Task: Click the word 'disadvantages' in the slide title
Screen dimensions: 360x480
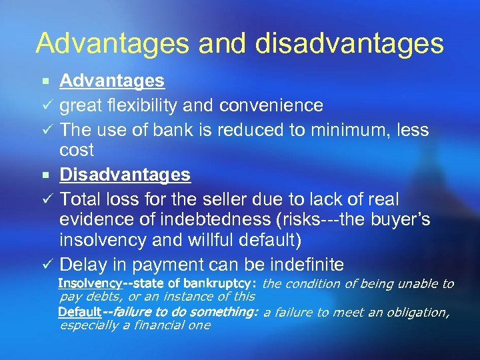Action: click(357, 43)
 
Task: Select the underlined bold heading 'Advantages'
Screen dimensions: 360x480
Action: click(111, 81)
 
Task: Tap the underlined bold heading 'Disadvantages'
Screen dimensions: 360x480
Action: click(125, 175)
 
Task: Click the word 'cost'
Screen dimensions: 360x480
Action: click(77, 151)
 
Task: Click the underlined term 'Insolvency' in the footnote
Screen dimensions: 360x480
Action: click(90, 283)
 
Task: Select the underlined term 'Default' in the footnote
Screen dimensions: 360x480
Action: click(79, 312)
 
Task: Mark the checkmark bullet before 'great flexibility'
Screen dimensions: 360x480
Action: click(45, 106)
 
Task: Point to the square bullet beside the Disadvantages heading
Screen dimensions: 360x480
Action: click(45, 175)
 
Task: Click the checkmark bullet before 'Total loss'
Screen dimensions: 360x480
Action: click(45, 199)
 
